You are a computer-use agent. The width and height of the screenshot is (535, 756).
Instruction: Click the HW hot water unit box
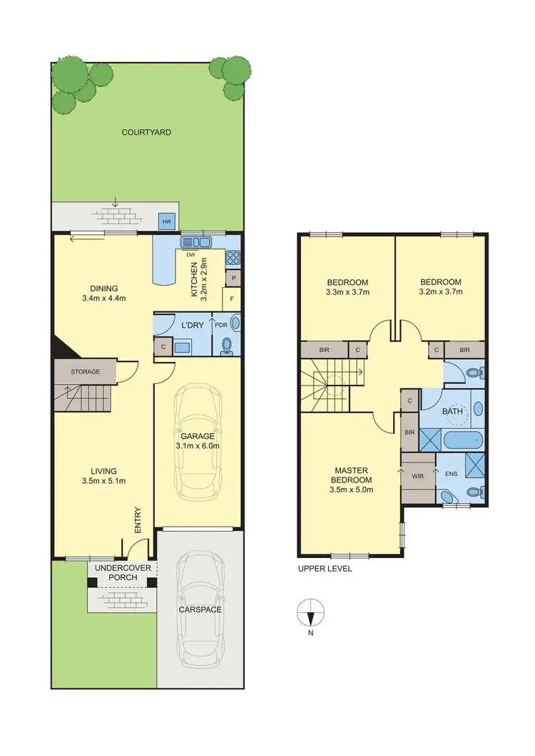[x=167, y=222]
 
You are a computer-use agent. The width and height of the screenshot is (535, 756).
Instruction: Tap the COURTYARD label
[x=146, y=132]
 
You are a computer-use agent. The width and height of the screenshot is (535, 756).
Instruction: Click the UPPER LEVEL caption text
[x=325, y=569]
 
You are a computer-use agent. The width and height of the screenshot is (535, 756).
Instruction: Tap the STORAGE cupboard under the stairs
[x=85, y=371]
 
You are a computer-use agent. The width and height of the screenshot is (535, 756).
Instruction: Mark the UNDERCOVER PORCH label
[x=121, y=572]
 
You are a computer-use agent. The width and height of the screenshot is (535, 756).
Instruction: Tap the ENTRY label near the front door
[x=138, y=519]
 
